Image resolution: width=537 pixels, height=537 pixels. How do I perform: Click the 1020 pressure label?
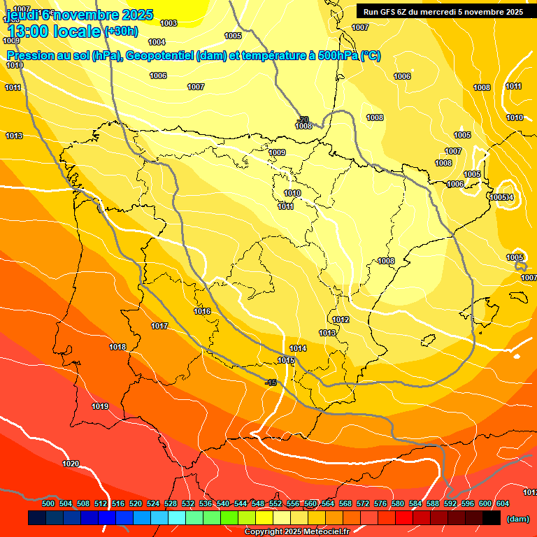point(71,464)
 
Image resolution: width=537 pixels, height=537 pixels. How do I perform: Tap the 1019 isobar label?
point(100,406)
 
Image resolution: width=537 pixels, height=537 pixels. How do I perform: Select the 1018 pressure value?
point(117,347)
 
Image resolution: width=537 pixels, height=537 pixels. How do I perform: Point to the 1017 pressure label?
point(159,326)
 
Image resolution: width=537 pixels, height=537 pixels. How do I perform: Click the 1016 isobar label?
point(202,311)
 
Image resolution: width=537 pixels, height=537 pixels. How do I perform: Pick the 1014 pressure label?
point(298,348)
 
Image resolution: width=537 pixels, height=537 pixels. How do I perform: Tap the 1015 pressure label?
point(285,360)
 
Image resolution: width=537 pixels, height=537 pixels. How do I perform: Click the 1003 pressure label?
point(169,23)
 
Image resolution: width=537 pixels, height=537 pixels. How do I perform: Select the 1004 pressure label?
point(157,42)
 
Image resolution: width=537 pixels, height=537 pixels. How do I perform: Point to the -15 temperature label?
point(271,382)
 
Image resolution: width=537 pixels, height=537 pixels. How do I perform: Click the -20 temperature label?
point(303,120)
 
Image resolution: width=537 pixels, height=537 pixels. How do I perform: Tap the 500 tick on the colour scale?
point(48,503)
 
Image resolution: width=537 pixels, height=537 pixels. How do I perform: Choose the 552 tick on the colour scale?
point(275,503)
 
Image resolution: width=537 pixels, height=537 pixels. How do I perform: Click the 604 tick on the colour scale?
point(503,503)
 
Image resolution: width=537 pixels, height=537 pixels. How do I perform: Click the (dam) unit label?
point(517,519)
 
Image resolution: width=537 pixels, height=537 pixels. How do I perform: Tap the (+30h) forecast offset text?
point(121,31)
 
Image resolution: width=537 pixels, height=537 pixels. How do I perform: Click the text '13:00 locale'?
point(54,31)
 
